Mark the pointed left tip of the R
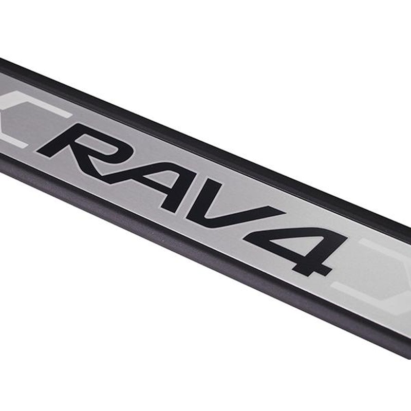[37, 150]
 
